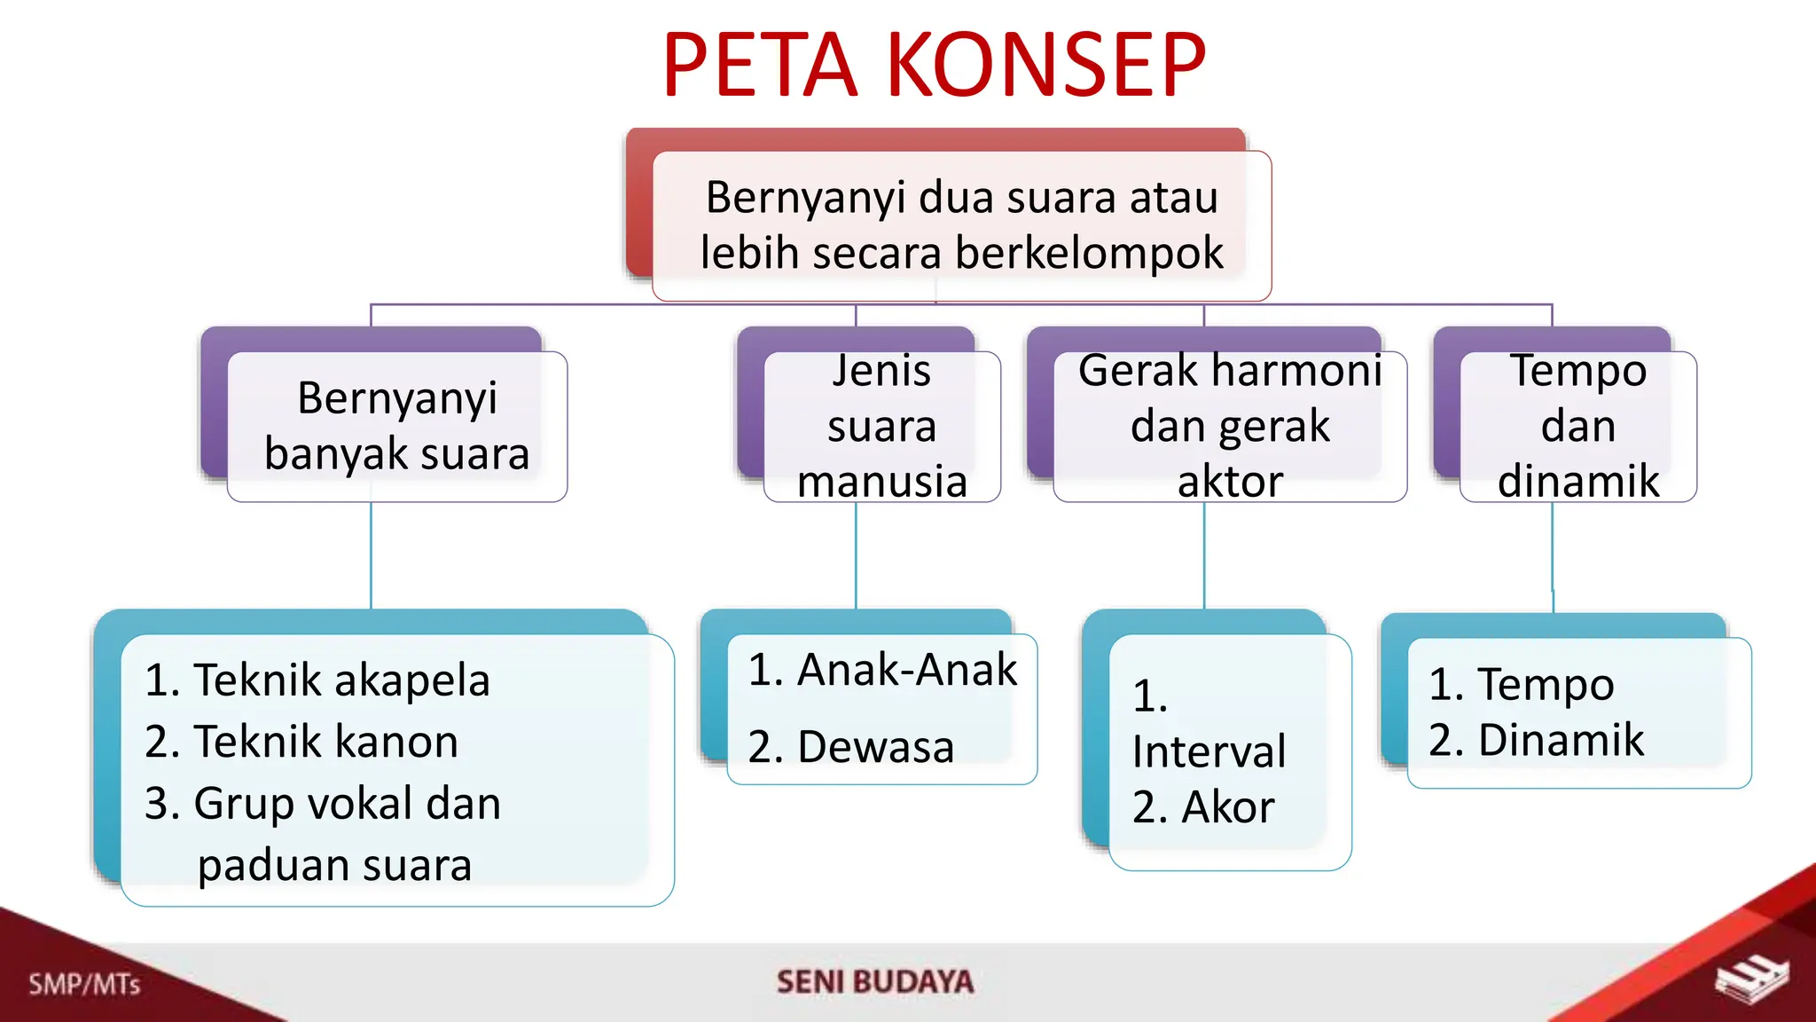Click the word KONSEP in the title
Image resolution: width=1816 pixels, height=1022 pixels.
(1046, 65)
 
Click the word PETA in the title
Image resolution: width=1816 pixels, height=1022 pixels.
(761, 65)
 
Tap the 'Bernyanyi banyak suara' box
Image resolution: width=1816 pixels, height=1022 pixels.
(396, 426)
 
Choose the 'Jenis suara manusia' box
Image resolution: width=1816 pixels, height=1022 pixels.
(881, 426)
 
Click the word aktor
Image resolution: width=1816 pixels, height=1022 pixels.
(1230, 482)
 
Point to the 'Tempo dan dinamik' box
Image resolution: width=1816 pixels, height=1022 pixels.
(1577, 426)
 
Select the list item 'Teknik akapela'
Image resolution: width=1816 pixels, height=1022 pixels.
(341, 680)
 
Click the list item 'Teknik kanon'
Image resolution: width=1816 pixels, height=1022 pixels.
(325, 742)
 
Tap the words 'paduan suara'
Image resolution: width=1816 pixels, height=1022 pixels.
(334, 865)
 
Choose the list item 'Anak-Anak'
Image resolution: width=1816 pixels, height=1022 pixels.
(906, 670)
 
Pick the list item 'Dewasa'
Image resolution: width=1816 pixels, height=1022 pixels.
(875, 747)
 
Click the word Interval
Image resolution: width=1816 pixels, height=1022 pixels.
(1209, 752)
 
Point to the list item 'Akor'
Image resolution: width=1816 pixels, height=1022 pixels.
(1227, 807)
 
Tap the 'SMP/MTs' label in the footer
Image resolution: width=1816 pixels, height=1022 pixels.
(84, 984)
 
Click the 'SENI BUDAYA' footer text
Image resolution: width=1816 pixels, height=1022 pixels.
(875, 981)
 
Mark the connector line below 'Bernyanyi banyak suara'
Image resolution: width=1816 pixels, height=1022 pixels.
(371, 555)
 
